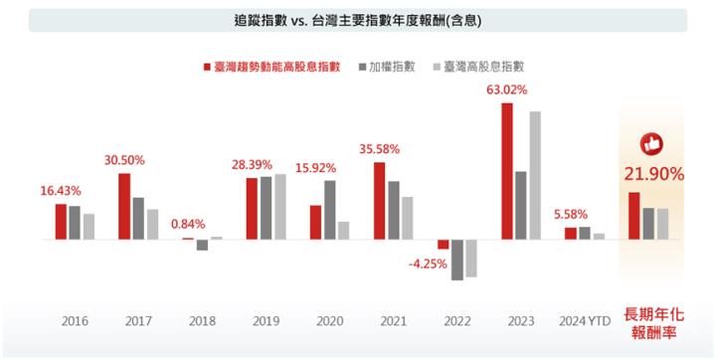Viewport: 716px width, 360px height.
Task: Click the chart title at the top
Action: tap(358, 20)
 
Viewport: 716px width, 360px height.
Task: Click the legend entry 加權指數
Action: tap(389, 67)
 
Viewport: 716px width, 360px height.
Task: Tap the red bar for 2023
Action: tap(507, 171)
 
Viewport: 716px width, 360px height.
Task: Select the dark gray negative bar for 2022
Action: tap(457, 260)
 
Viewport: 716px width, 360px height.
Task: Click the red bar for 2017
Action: tap(124, 206)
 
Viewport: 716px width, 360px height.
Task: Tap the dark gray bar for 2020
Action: tap(329, 210)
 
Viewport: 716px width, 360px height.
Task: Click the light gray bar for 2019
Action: tap(279, 207)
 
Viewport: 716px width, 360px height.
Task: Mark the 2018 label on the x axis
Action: tap(202, 321)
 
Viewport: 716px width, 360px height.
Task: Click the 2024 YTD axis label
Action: tap(584, 321)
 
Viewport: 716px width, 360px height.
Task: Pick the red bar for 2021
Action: tap(379, 200)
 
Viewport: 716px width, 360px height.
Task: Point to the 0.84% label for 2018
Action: tap(188, 224)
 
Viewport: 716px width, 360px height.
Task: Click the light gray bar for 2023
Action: tap(535, 175)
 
